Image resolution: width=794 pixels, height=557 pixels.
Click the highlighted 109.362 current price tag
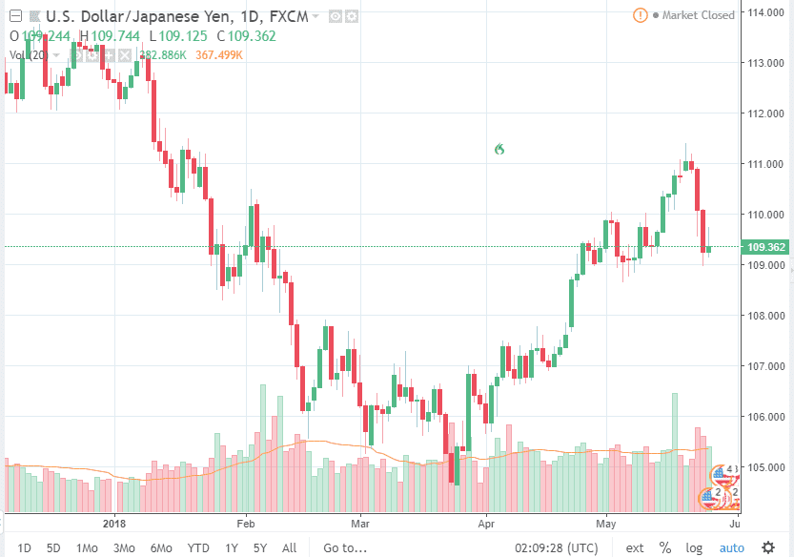768,247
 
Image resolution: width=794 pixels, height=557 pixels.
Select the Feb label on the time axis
246,523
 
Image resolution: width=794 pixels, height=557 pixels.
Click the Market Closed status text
698,15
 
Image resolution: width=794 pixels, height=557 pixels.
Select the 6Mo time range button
161,547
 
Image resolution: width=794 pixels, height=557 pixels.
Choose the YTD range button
198,547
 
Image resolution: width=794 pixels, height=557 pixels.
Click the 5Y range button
260,547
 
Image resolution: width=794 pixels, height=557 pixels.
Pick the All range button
290,547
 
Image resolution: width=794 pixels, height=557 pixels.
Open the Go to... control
345,547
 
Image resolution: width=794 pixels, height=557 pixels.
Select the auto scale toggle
731,547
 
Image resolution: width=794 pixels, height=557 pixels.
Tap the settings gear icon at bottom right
768,547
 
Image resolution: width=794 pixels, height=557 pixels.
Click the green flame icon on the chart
498,149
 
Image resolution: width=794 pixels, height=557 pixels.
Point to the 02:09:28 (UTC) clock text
557,547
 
